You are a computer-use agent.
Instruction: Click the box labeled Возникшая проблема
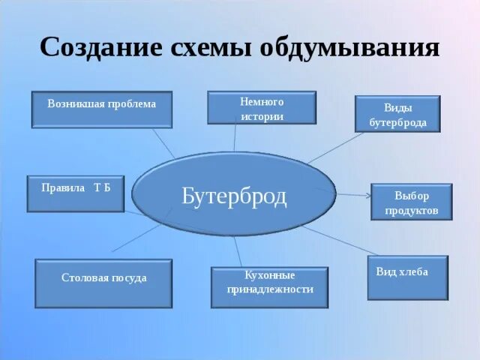click(102, 109)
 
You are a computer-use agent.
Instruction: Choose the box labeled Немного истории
click(262, 108)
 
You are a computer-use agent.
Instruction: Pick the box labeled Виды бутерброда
click(397, 114)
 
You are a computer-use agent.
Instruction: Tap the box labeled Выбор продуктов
click(412, 202)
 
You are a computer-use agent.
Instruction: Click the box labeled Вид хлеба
click(407, 277)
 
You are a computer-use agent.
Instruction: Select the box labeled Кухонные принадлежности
click(269, 286)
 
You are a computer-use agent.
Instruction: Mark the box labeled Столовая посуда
click(103, 283)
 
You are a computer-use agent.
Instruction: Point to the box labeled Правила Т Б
click(76, 193)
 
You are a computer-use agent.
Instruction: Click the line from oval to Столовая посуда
click(135, 236)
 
